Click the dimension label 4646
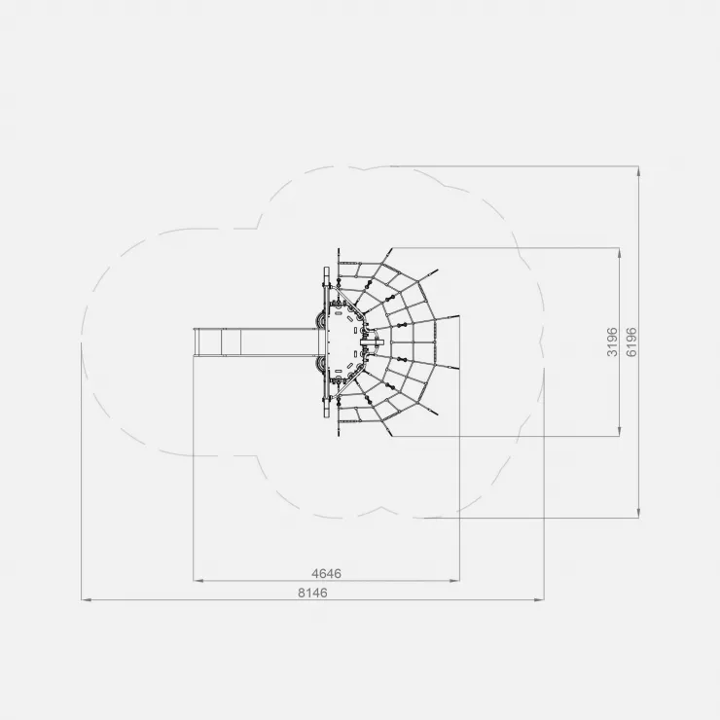327,573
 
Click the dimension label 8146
312,593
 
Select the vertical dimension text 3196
612,342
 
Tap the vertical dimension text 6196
631,342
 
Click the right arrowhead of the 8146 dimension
539,599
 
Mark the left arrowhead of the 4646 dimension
198,581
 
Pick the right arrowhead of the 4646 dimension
454,581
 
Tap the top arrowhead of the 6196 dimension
638,171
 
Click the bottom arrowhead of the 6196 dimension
638,513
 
